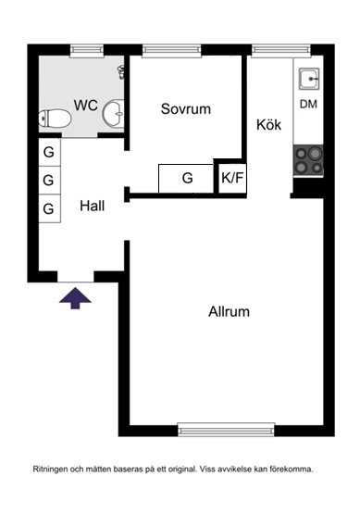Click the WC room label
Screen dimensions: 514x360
tap(86, 105)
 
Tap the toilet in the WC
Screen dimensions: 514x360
tap(56, 118)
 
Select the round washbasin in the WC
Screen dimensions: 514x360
tap(115, 113)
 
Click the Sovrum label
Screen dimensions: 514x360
tap(185, 108)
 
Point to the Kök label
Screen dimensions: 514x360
tap(268, 125)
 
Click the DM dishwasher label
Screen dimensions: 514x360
tap(307, 104)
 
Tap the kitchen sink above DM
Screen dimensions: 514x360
tap(307, 77)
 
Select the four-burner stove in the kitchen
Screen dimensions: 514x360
tap(307, 162)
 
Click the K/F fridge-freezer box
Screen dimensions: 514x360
tap(230, 178)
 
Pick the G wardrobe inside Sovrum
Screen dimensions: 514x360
tap(186, 178)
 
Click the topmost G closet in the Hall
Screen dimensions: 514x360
tap(48, 152)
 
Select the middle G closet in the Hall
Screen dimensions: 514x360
tap(48, 180)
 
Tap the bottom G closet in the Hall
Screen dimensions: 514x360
tap(48, 208)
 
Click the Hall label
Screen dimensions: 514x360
tap(92, 206)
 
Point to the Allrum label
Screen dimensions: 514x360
tap(229, 311)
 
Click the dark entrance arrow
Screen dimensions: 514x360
tap(76, 297)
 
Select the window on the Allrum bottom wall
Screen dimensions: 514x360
tap(226, 429)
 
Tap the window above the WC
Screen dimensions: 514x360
tap(86, 51)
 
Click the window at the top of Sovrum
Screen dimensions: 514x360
tap(173, 51)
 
